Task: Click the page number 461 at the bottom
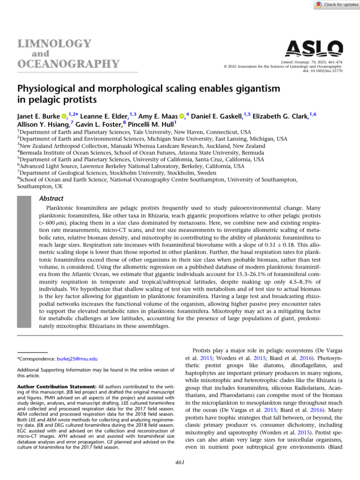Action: [x=180, y=463]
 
